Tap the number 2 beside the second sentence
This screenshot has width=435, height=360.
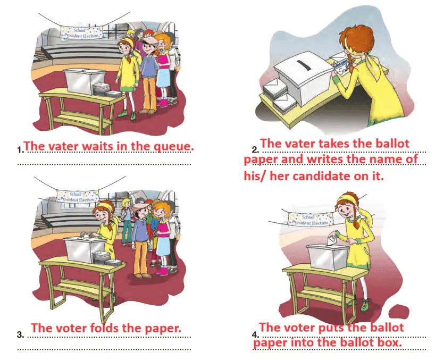tap(255, 150)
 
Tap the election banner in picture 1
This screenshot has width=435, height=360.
tap(81, 33)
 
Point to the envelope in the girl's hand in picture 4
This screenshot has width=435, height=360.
tap(332, 240)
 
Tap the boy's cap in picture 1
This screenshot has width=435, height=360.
tap(150, 41)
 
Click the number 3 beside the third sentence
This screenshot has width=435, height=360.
tap(20, 335)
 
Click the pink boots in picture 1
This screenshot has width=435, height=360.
tap(163, 103)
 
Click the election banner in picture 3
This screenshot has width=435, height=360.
tap(78, 197)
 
